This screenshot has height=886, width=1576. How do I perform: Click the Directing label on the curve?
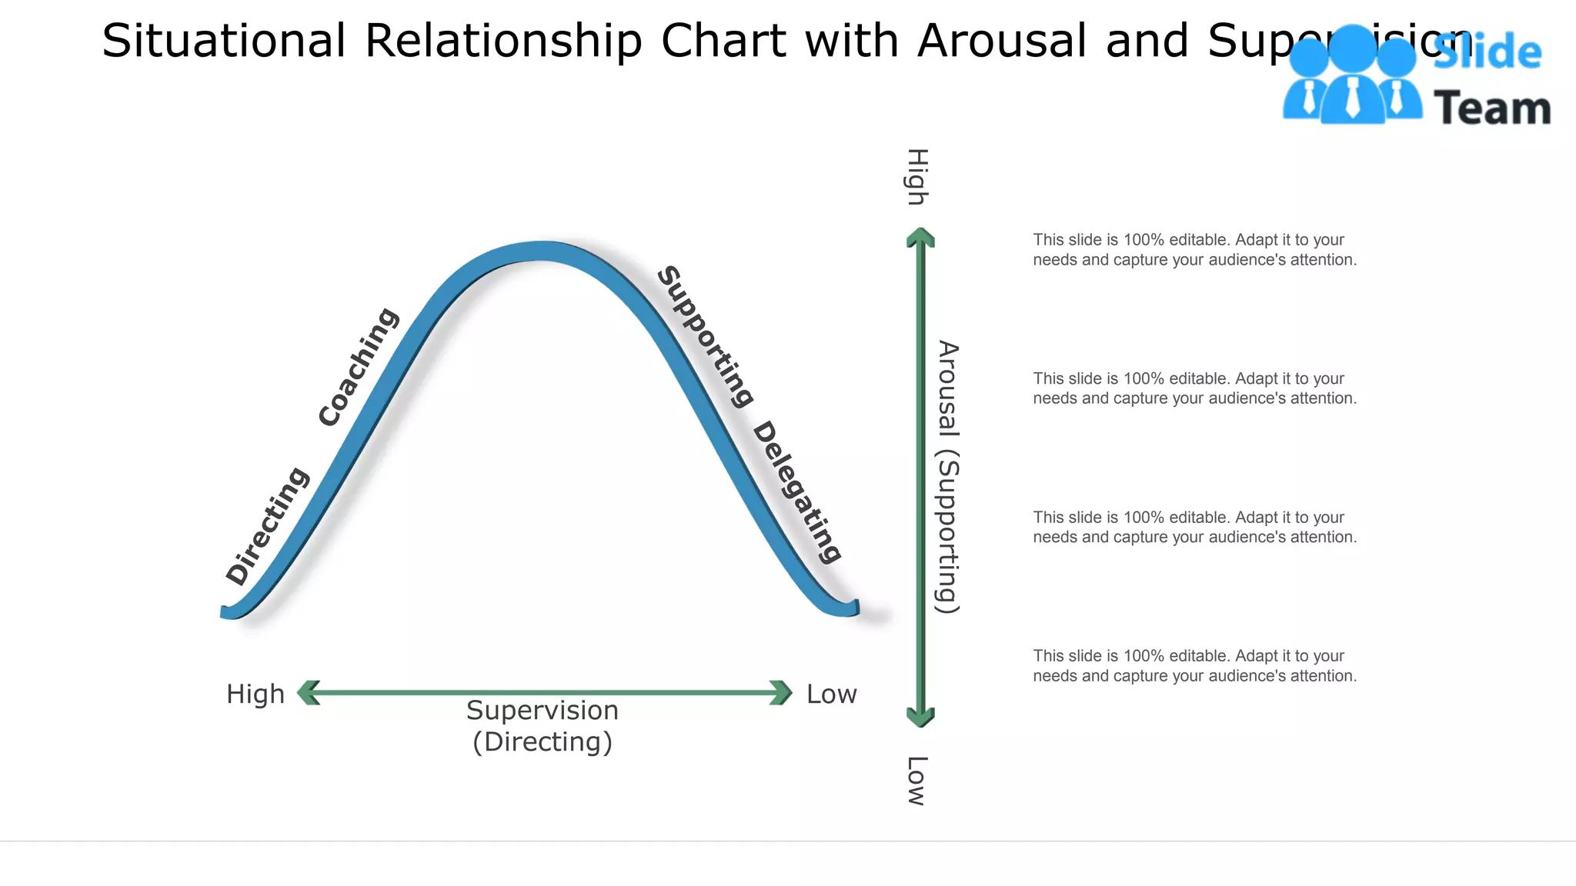tap(267, 526)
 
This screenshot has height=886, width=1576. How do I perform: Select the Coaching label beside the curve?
tap(359, 367)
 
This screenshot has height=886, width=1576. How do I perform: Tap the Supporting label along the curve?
tap(705, 336)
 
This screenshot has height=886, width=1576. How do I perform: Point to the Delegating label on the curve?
tap(797, 492)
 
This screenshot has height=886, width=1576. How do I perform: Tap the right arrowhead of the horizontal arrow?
tap(780, 692)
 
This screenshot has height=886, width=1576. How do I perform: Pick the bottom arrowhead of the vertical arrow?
tap(920, 717)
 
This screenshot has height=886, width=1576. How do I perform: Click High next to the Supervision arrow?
tap(255, 694)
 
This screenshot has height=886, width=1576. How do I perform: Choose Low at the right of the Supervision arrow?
tap(831, 694)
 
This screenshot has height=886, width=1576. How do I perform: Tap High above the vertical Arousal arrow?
tap(917, 177)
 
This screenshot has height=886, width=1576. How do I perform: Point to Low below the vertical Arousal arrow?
tap(917, 781)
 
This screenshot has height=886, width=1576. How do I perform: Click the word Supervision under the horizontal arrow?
tap(543, 711)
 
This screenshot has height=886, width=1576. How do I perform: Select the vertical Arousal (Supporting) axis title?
tap(948, 477)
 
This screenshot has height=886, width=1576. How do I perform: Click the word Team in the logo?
tap(1491, 108)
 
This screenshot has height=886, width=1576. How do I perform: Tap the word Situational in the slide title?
tap(224, 40)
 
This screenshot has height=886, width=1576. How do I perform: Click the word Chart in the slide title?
tap(723, 40)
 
